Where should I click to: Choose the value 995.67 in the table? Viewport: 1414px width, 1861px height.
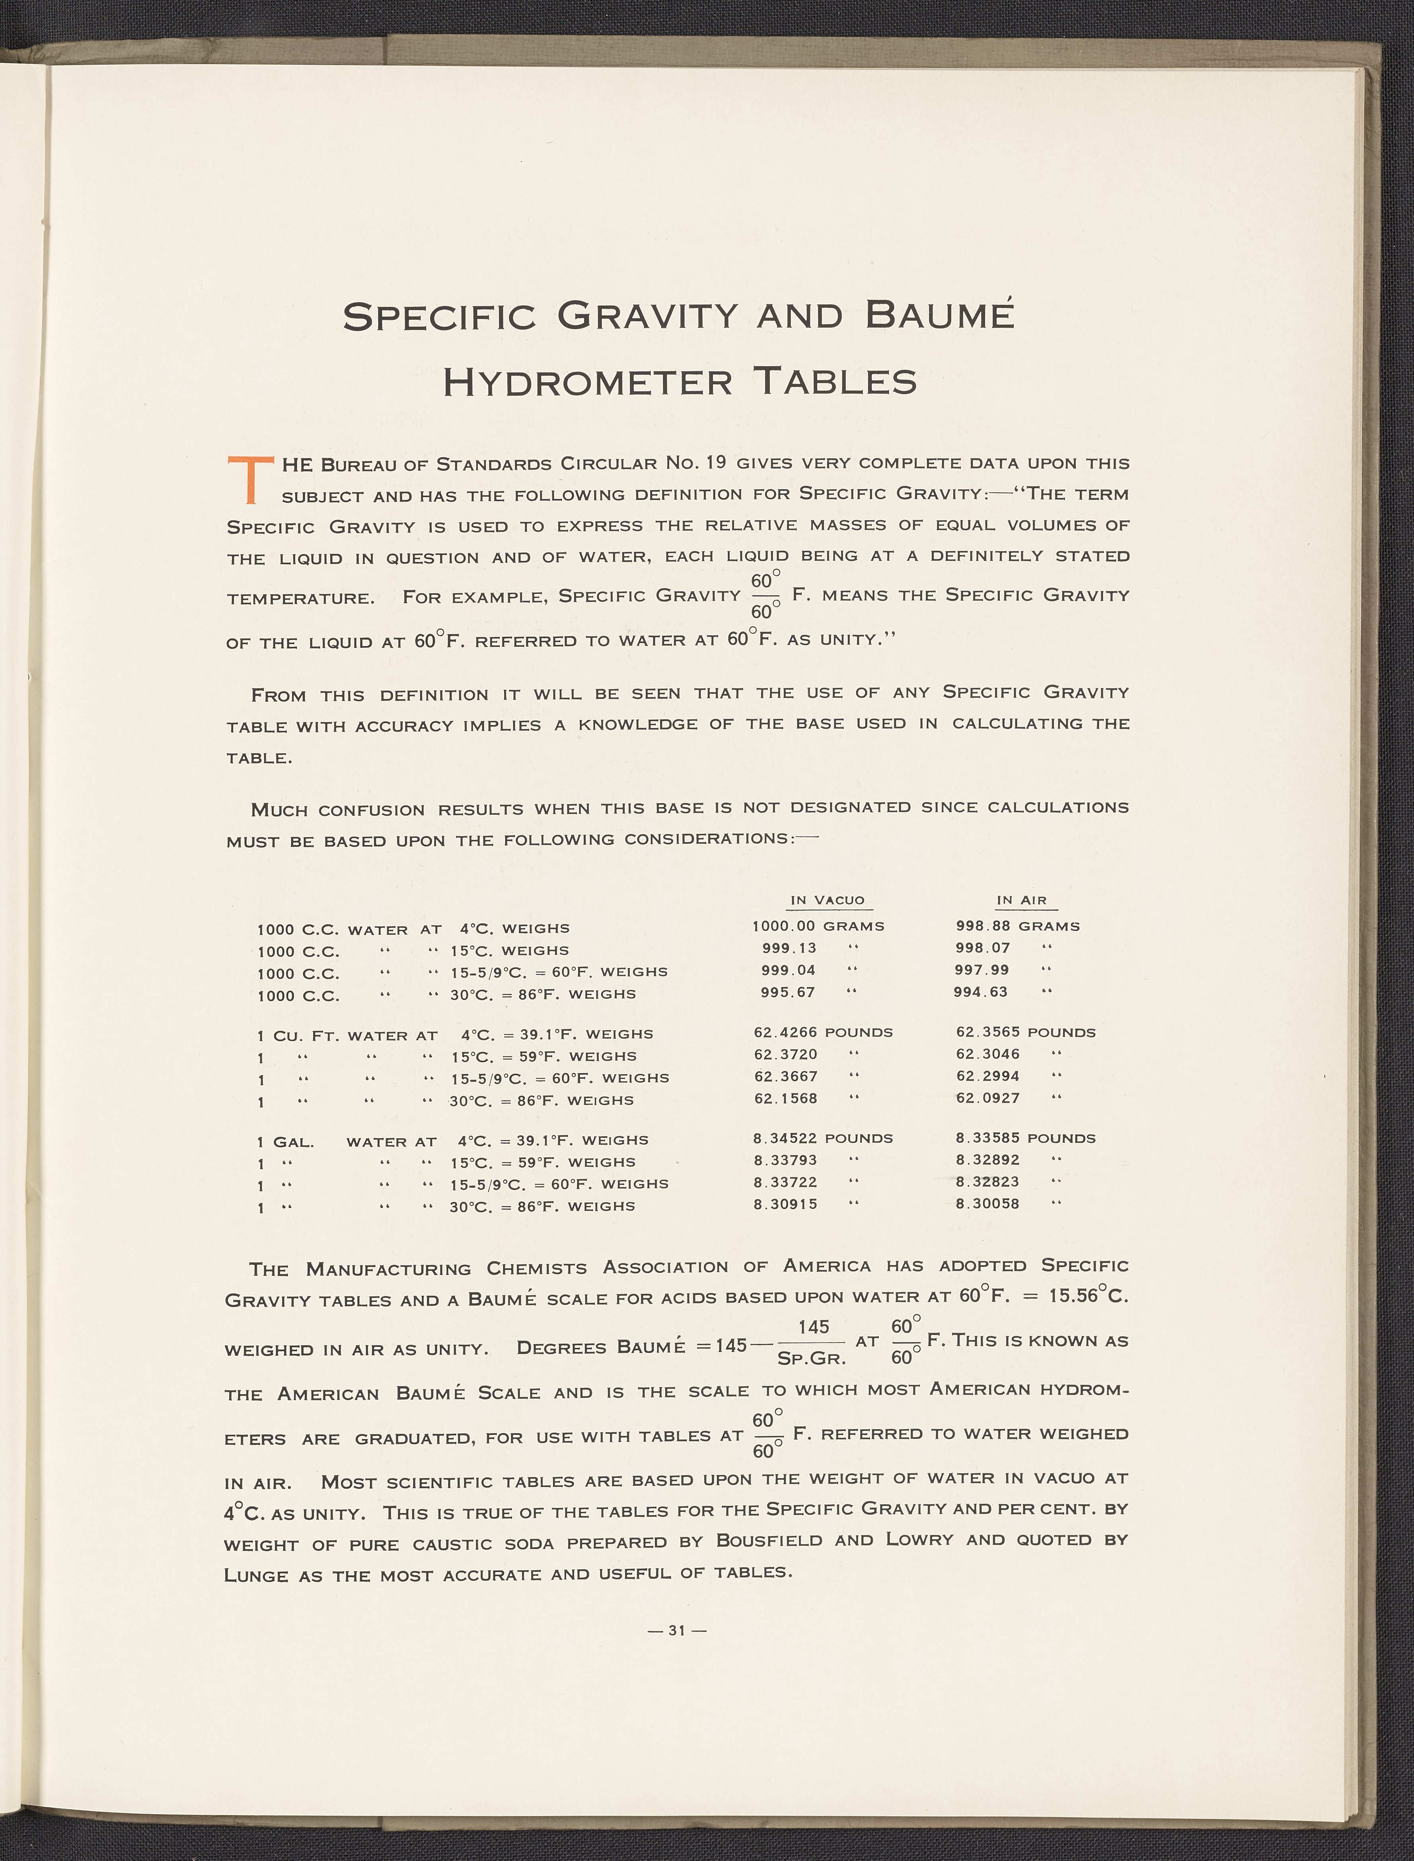coord(788,993)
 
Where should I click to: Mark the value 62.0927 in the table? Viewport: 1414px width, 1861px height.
coord(987,1098)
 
